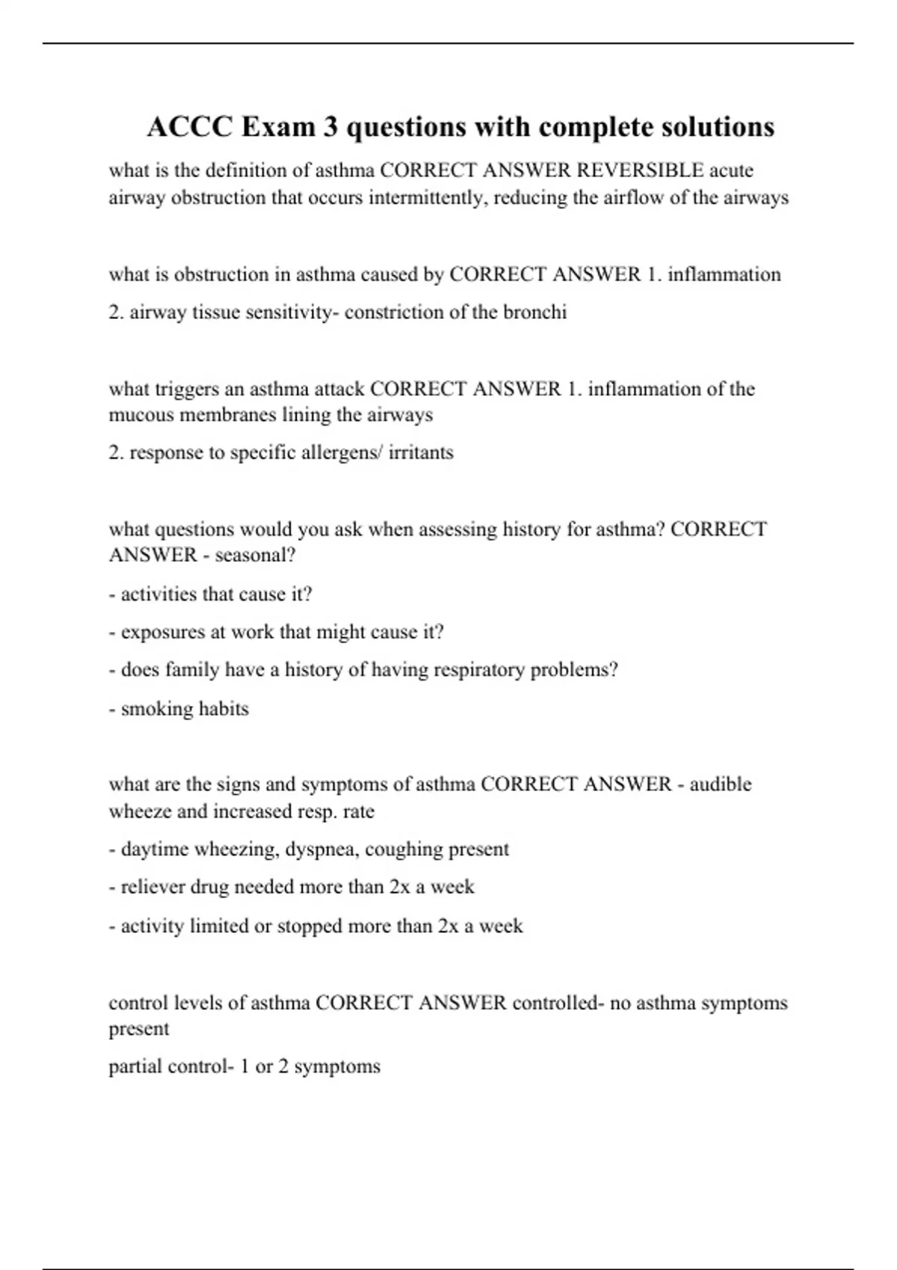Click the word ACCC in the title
point(189,127)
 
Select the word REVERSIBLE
point(640,170)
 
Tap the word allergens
point(340,453)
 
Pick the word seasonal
point(252,555)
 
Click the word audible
point(721,784)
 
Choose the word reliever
point(152,888)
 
